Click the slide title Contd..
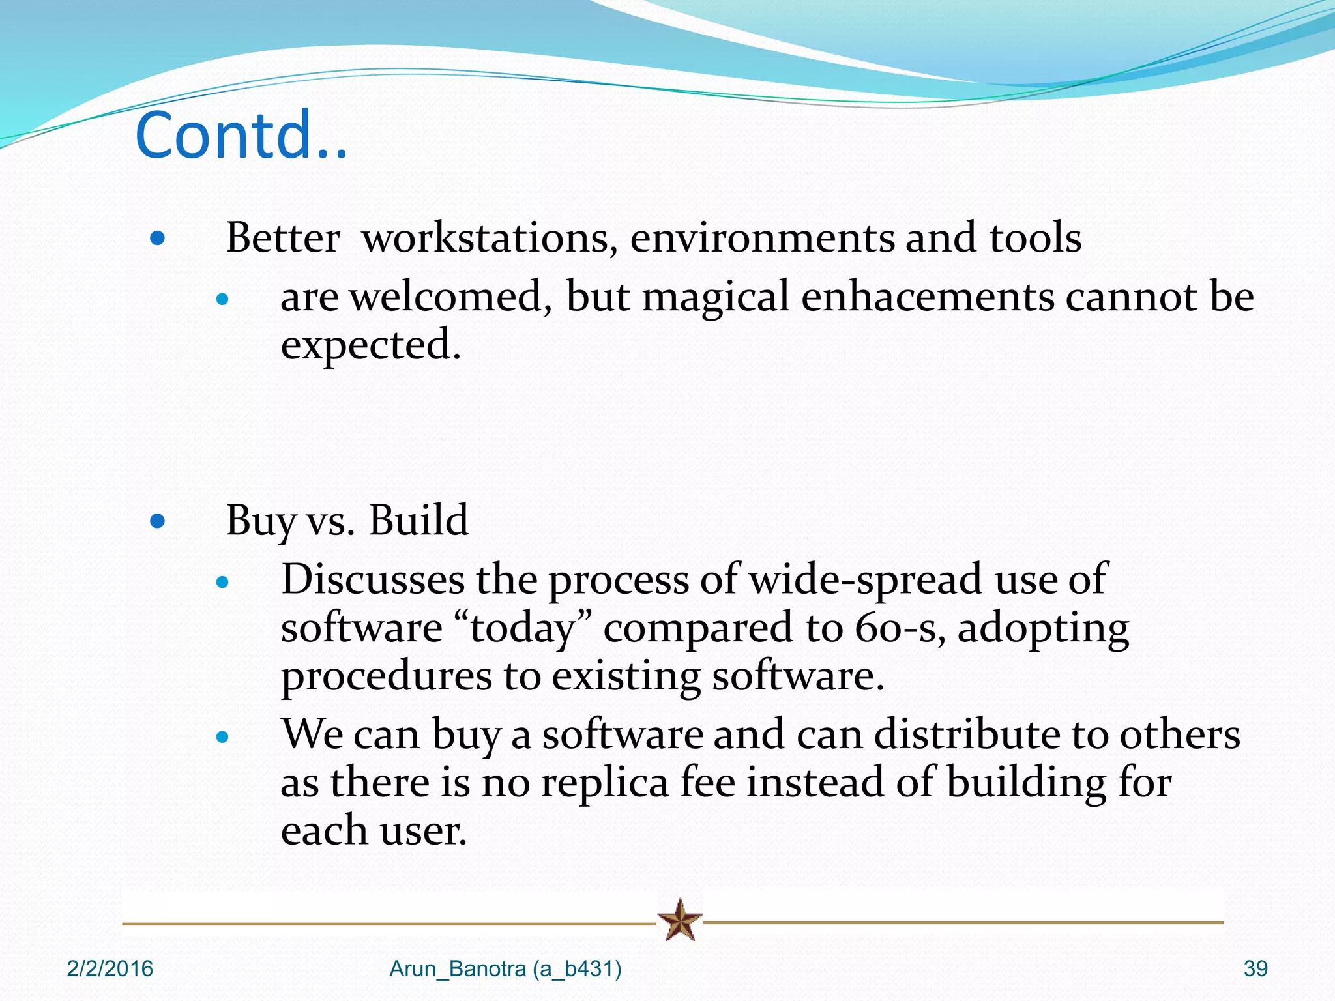point(241,136)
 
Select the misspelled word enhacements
point(927,297)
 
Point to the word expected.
point(370,346)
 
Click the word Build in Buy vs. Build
point(418,521)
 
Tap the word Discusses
point(373,579)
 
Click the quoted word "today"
point(523,628)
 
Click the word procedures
point(386,677)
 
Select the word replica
point(605,783)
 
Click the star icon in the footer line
point(680,920)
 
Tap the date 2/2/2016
point(110,969)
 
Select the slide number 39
point(1255,969)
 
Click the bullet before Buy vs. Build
point(157,521)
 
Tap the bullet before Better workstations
point(157,239)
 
